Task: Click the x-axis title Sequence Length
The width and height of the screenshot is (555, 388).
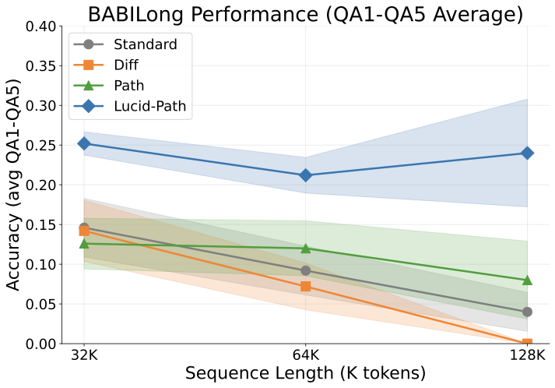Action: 305,373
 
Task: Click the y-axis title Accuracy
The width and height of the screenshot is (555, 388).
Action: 14,185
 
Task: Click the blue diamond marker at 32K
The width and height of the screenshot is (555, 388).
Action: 84,143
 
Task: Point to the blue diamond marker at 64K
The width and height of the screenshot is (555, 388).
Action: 306,175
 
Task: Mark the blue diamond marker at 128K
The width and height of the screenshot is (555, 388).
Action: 527,153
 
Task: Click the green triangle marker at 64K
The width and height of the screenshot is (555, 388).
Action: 306,249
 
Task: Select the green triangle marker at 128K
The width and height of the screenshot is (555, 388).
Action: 527,280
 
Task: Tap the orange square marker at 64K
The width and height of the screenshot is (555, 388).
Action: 306,287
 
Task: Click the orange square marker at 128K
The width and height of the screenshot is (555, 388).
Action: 527,343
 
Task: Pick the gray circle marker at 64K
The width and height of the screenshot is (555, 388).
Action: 306,270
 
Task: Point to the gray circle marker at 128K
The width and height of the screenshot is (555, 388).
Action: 527,312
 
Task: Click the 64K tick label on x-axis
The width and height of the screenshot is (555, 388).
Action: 306,354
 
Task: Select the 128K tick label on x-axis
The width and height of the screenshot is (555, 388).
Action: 527,354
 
